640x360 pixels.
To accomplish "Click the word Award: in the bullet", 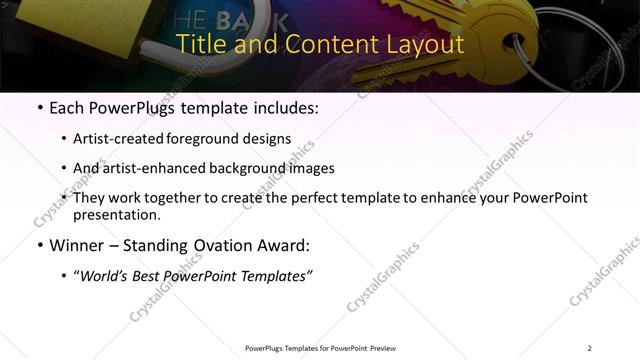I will pyautogui.click(x=285, y=246).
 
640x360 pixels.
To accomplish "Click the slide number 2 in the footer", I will pyautogui.click(x=589, y=348).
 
